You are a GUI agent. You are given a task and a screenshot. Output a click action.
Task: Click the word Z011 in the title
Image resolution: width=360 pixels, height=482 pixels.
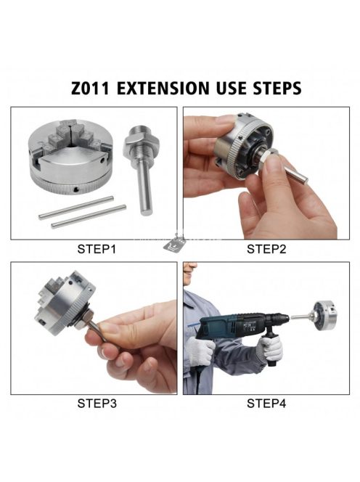[x=90, y=89]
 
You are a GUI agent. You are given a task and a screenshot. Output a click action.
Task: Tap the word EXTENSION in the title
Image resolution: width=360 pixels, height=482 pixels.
[x=163, y=89]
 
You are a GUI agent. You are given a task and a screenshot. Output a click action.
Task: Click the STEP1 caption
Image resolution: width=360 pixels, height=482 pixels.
[x=97, y=249]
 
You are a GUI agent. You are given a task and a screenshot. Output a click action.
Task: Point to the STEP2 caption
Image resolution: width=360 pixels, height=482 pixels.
[x=266, y=249]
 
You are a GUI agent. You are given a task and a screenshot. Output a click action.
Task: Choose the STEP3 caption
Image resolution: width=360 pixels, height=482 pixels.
[x=97, y=404]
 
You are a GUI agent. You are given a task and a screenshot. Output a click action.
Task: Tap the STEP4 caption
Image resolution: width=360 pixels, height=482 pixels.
[x=266, y=404]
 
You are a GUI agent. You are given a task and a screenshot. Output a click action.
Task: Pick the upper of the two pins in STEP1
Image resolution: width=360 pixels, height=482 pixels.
[x=76, y=208]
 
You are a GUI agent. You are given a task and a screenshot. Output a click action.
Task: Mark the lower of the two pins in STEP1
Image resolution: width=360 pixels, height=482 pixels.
[x=89, y=216]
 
